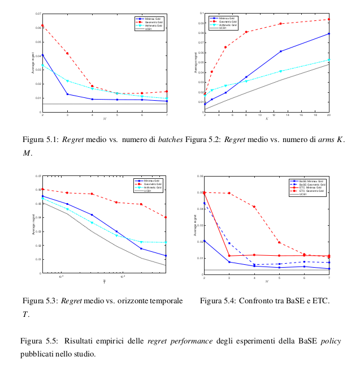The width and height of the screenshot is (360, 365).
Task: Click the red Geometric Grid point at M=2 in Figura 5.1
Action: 42,25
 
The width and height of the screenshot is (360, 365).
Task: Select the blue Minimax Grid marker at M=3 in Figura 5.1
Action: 67,94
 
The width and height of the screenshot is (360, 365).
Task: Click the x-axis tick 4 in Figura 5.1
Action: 92,115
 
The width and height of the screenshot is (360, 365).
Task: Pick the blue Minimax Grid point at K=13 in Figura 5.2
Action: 280,51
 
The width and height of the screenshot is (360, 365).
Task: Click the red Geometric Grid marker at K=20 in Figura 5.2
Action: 329,19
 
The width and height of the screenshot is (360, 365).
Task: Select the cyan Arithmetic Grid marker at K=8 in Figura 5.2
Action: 246,81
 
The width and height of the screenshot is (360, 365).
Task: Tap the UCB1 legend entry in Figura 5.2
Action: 223,28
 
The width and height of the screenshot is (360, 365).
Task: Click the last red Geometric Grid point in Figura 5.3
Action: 166,217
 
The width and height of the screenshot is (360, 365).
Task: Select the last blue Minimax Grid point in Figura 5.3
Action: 166,256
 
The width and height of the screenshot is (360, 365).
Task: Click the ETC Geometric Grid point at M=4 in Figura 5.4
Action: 254,207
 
